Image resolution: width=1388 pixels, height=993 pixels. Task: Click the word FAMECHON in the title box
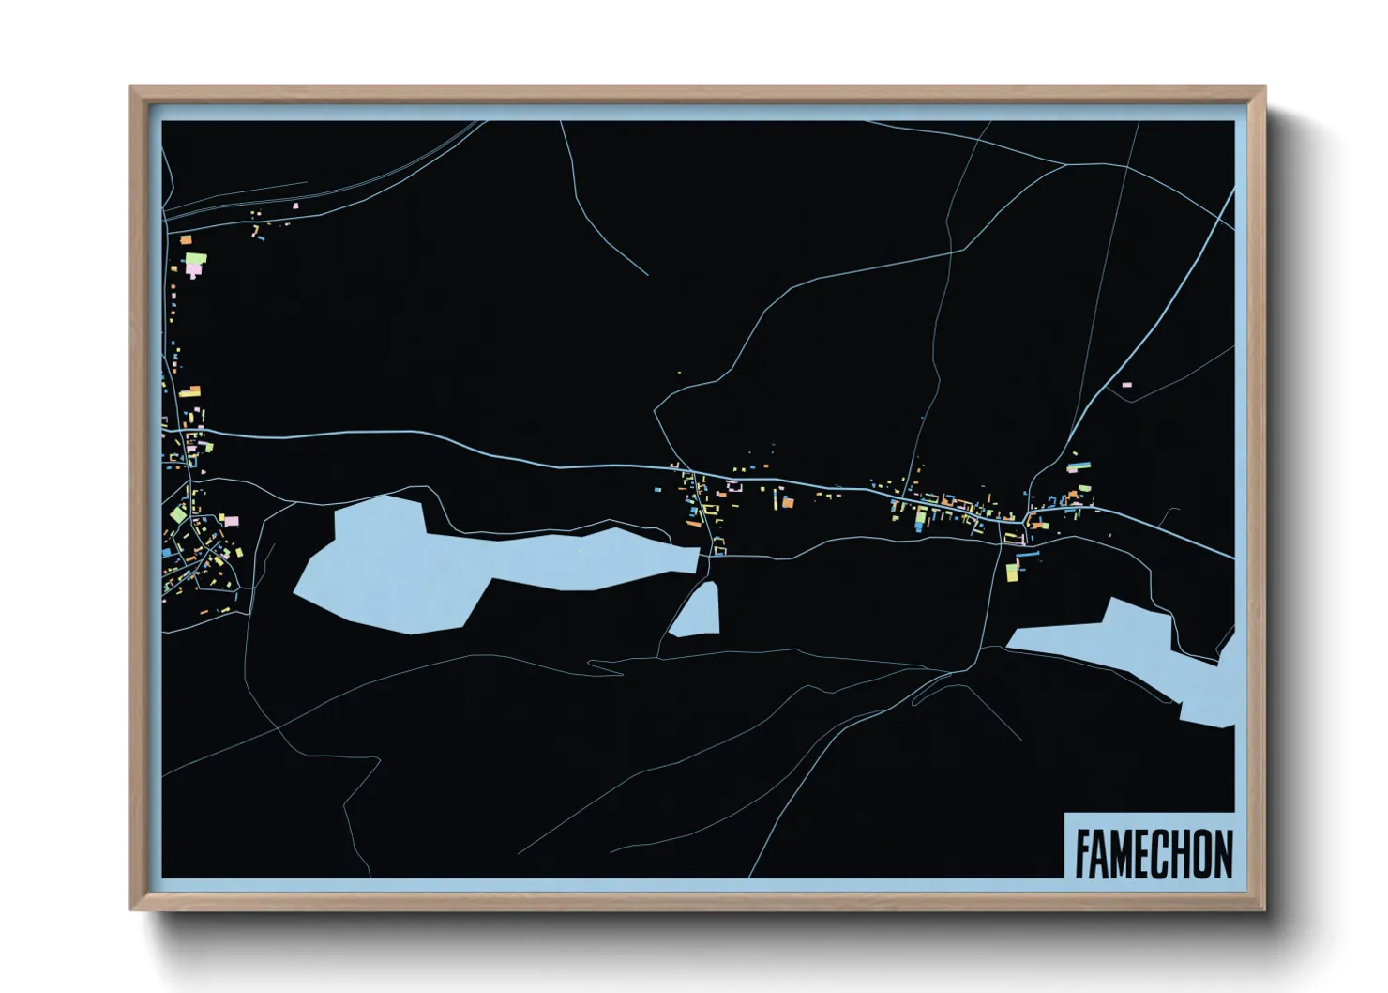point(1153,853)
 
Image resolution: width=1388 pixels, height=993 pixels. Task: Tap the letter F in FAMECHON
point(1081,853)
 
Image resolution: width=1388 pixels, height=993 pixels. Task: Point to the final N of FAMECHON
point(1222,853)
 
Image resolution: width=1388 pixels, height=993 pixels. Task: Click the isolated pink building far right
point(1126,384)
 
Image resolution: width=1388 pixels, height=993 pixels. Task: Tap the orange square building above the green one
point(186,240)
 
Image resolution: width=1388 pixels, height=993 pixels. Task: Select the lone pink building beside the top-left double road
point(295,206)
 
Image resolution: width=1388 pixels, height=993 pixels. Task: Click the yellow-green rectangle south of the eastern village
point(1012,571)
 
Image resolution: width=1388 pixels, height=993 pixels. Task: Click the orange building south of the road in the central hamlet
point(788,503)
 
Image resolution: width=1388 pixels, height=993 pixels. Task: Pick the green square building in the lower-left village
point(177,514)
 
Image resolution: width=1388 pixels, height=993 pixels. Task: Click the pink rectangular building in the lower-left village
point(231,519)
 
